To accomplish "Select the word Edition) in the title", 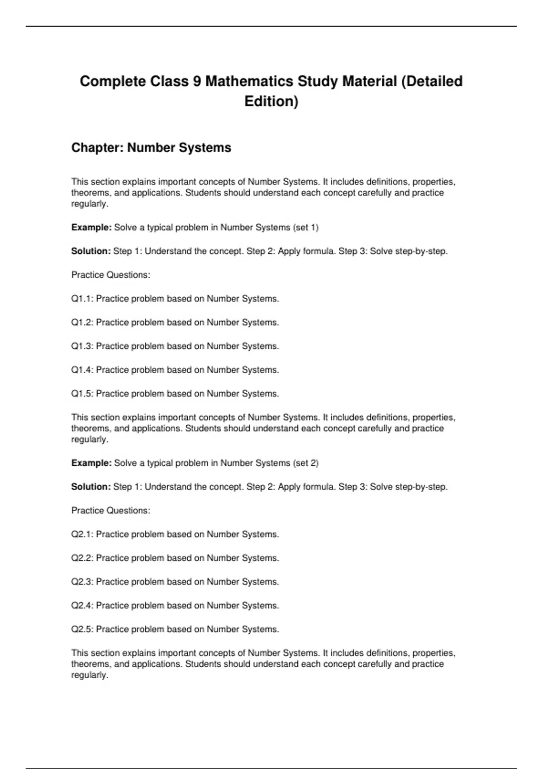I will pos(271,101).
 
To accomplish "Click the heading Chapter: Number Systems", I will pos(151,147).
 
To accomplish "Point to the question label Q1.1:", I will pos(82,299).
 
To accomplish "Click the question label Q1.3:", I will pos(82,346).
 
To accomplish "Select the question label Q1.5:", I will pos(82,394).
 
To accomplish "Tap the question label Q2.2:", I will pos(82,558).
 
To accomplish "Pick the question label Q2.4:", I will pos(82,605).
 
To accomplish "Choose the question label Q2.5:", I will pos(82,629).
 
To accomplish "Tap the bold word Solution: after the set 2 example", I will pos(91,487).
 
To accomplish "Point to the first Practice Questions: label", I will pos(111,275).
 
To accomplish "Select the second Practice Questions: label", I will pos(111,511).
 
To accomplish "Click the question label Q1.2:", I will pos(82,323).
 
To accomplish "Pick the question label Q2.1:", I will pos(82,534).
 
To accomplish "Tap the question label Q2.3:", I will pos(82,582).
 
